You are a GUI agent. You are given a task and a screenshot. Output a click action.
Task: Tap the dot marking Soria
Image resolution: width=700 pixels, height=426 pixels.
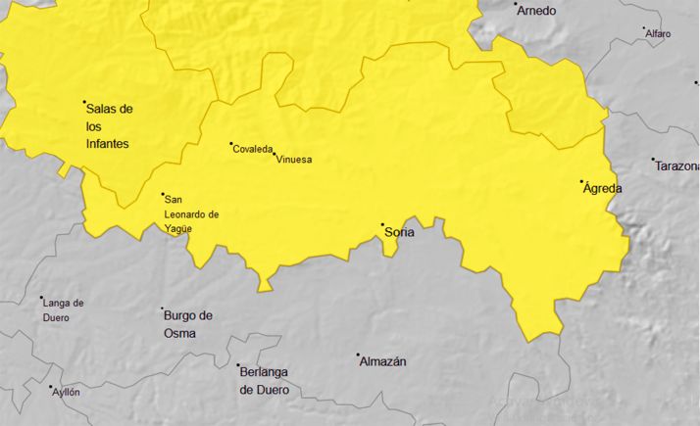(382, 224)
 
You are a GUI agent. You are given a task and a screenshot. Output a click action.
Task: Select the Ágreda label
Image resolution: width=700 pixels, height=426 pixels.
(602, 188)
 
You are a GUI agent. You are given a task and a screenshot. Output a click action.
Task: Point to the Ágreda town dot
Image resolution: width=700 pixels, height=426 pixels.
(581, 181)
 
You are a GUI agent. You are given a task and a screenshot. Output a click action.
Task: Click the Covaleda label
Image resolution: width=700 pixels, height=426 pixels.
(253, 149)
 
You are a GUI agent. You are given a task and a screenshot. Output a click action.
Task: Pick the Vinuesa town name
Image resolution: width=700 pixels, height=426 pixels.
(294, 160)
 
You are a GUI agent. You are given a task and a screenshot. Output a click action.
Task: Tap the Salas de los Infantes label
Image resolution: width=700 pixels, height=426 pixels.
(109, 125)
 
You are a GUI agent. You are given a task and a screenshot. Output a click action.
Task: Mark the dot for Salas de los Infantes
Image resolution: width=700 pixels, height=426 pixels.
(84, 102)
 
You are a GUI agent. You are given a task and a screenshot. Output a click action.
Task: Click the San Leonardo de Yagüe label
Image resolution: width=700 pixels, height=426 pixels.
(191, 213)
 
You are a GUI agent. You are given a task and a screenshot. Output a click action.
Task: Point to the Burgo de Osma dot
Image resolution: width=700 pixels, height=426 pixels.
(163, 309)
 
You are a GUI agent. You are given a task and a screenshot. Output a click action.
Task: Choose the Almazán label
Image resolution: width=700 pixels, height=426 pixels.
(383, 361)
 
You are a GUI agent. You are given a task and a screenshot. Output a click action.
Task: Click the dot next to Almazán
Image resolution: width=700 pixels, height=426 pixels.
(358, 355)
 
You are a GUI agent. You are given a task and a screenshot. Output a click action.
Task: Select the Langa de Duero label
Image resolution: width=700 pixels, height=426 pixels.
(64, 310)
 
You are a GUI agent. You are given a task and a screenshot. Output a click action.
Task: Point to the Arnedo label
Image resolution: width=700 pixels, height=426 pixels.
(537, 11)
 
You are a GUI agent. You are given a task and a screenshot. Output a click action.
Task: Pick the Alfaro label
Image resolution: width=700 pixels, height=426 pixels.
(659, 33)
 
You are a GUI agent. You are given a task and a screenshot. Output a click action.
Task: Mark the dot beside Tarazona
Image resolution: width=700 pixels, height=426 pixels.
(653, 159)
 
